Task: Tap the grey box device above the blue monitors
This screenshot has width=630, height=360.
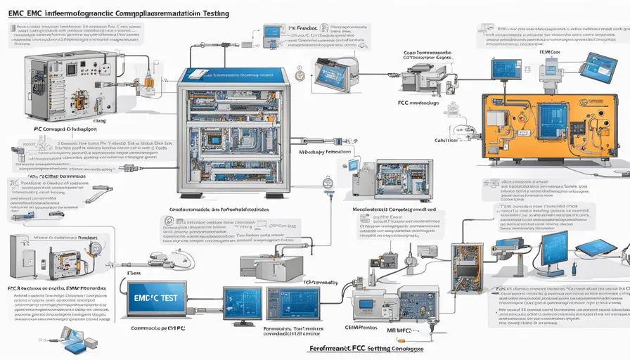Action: point(262,265)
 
